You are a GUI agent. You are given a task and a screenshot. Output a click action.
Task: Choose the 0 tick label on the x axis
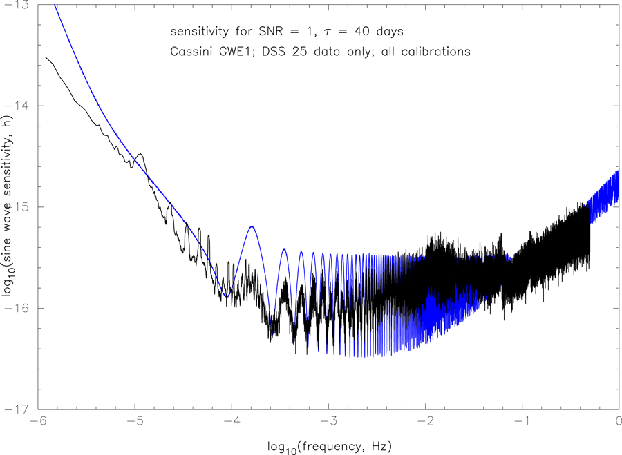tap(618, 420)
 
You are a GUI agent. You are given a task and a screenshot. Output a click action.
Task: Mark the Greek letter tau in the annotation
tap(335, 32)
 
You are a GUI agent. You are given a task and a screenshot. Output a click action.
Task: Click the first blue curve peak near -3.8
tap(252, 226)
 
